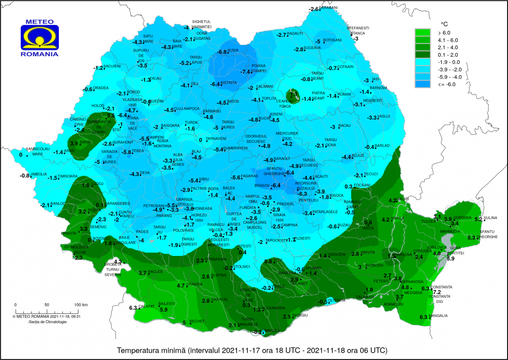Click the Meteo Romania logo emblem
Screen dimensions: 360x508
[x=40, y=38]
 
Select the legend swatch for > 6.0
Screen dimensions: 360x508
[x=422, y=32]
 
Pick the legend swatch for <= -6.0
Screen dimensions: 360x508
[x=422, y=85]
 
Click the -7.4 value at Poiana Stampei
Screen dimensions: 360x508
[x=246, y=72]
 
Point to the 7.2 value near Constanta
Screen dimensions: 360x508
[x=437, y=292]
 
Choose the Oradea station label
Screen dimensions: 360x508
[x=101, y=88]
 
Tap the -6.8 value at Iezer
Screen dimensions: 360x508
[x=222, y=52]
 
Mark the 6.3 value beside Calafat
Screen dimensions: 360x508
[x=133, y=308]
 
